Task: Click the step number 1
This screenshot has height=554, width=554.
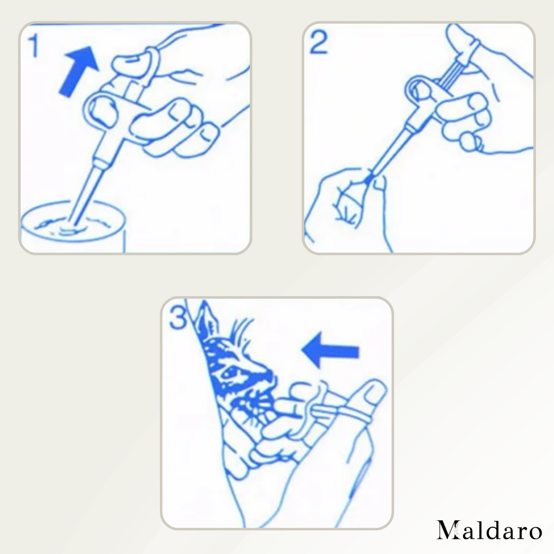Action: point(34,45)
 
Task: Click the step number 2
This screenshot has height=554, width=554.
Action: point(319,42)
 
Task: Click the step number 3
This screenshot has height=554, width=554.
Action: point(178,317)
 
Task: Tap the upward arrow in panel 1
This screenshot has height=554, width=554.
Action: point(78,72)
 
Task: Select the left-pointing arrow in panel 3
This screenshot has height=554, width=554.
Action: point(330,350)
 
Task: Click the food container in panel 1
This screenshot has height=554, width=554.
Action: point(73,227)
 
